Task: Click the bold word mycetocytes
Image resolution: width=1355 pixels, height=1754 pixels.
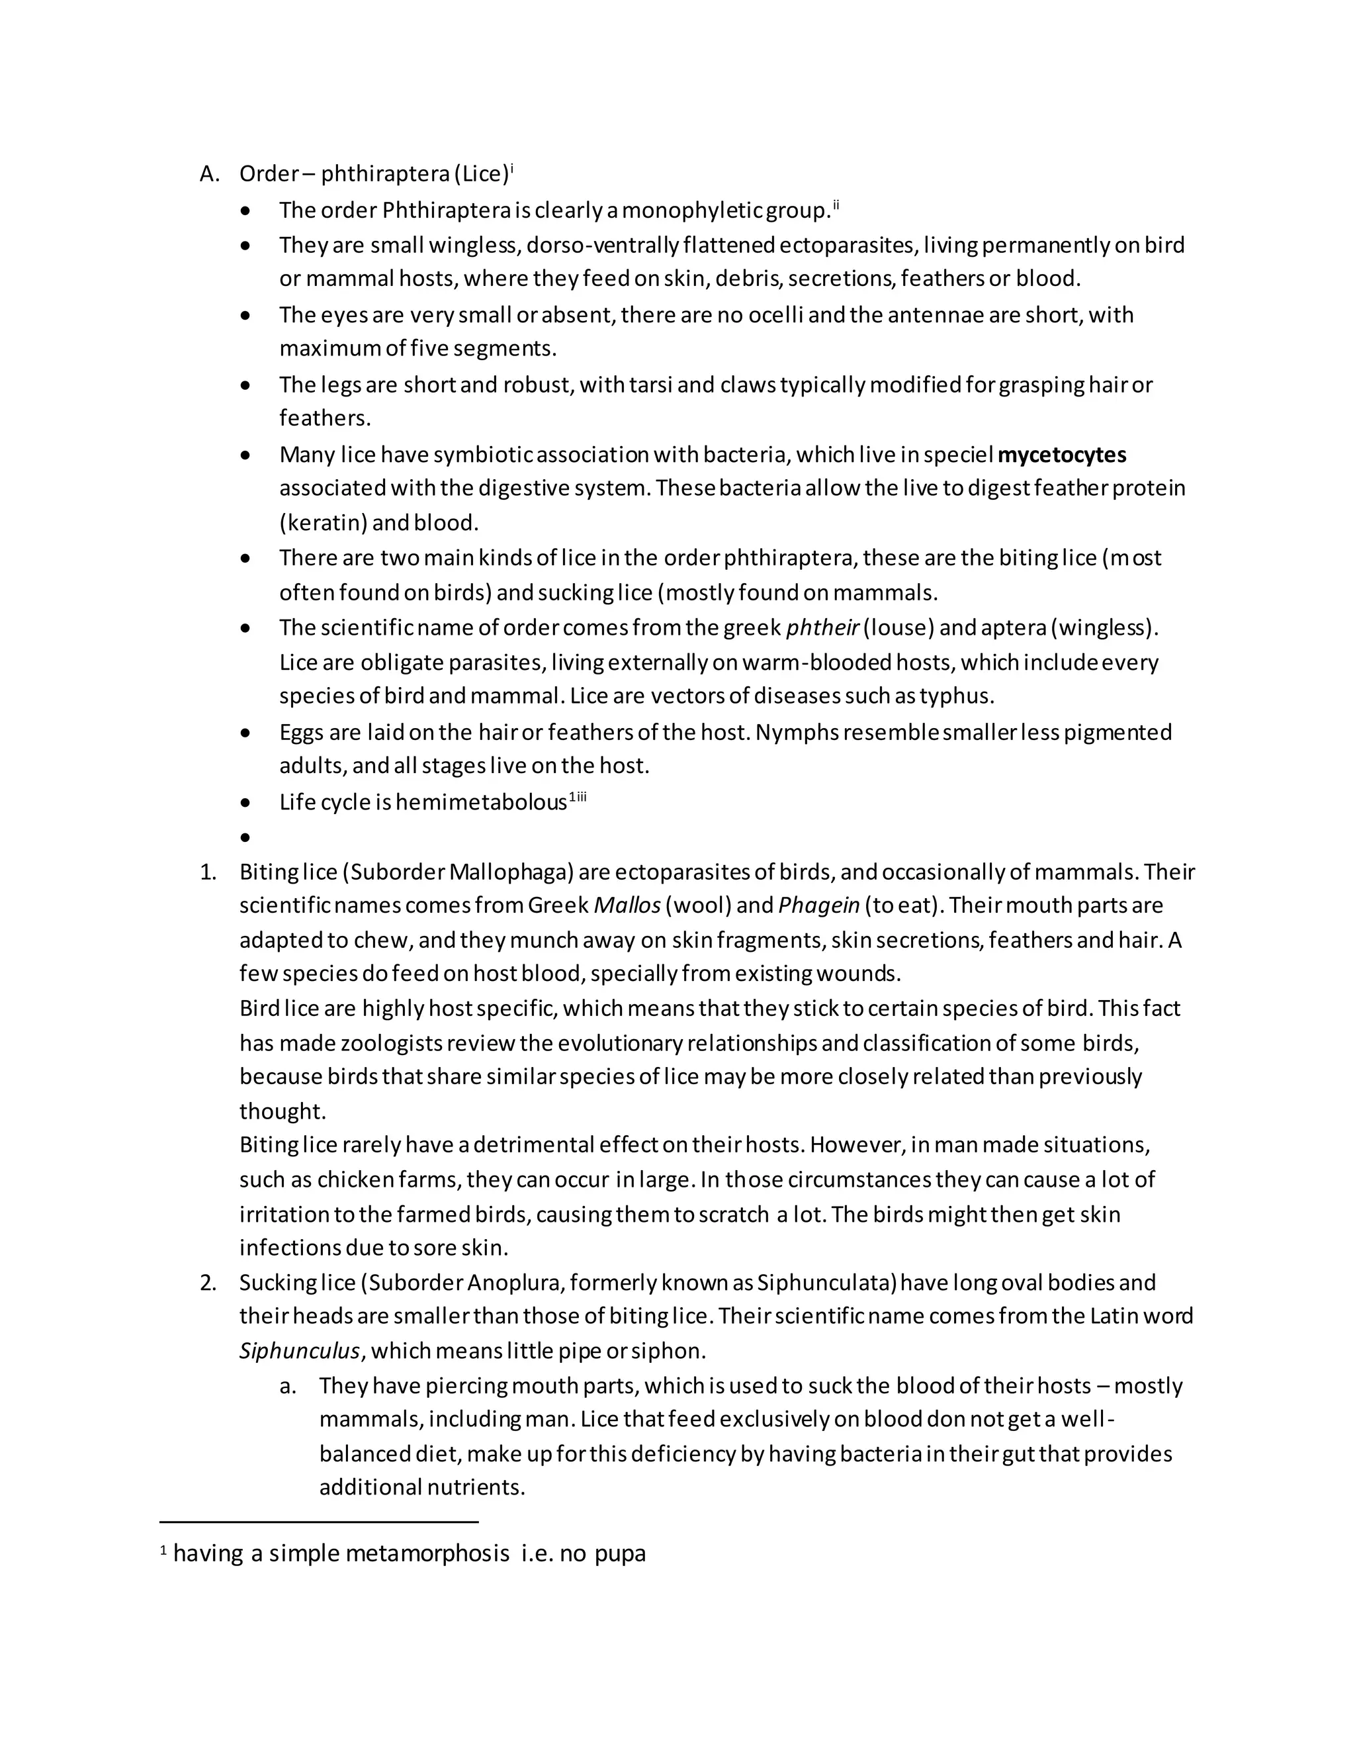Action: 1061,455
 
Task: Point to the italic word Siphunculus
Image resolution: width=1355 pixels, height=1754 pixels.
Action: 300,1351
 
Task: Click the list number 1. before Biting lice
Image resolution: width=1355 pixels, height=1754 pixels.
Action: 208,872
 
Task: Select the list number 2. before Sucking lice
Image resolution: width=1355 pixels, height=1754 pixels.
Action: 208,1283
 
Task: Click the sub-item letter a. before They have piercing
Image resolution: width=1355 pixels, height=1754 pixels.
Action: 288,1385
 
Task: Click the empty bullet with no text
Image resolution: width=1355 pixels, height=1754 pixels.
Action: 245,838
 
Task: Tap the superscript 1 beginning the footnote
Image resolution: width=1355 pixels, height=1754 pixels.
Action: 164,1551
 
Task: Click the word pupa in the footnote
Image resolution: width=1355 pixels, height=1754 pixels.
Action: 620,1554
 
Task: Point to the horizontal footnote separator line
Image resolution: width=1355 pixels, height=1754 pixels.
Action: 319,1521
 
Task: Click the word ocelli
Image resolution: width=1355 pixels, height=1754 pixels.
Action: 775,315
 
